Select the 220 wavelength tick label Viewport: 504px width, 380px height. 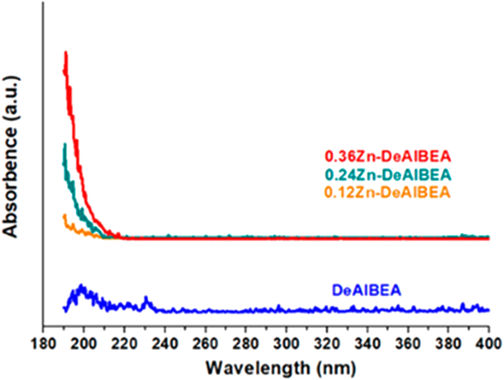coord(124,342)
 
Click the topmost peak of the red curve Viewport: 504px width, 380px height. coord(66,52)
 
